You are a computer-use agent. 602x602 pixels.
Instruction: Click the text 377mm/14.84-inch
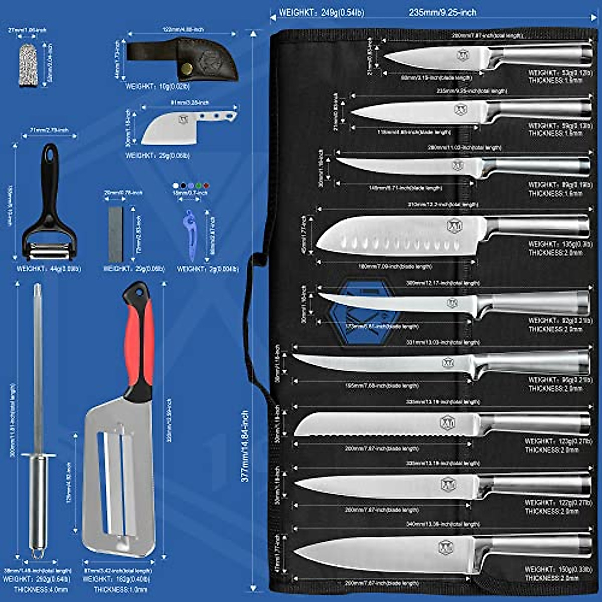click(245, 446)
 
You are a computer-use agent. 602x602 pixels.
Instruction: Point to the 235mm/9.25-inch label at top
click(442, 12)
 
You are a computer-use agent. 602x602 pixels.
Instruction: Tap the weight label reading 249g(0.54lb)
click(322, 12)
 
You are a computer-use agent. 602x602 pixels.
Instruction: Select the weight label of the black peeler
click(49, 269)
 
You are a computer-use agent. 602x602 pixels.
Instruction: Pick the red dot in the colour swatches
click(206, 186)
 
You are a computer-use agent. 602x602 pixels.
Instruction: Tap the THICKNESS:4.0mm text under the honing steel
click(41, 589)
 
